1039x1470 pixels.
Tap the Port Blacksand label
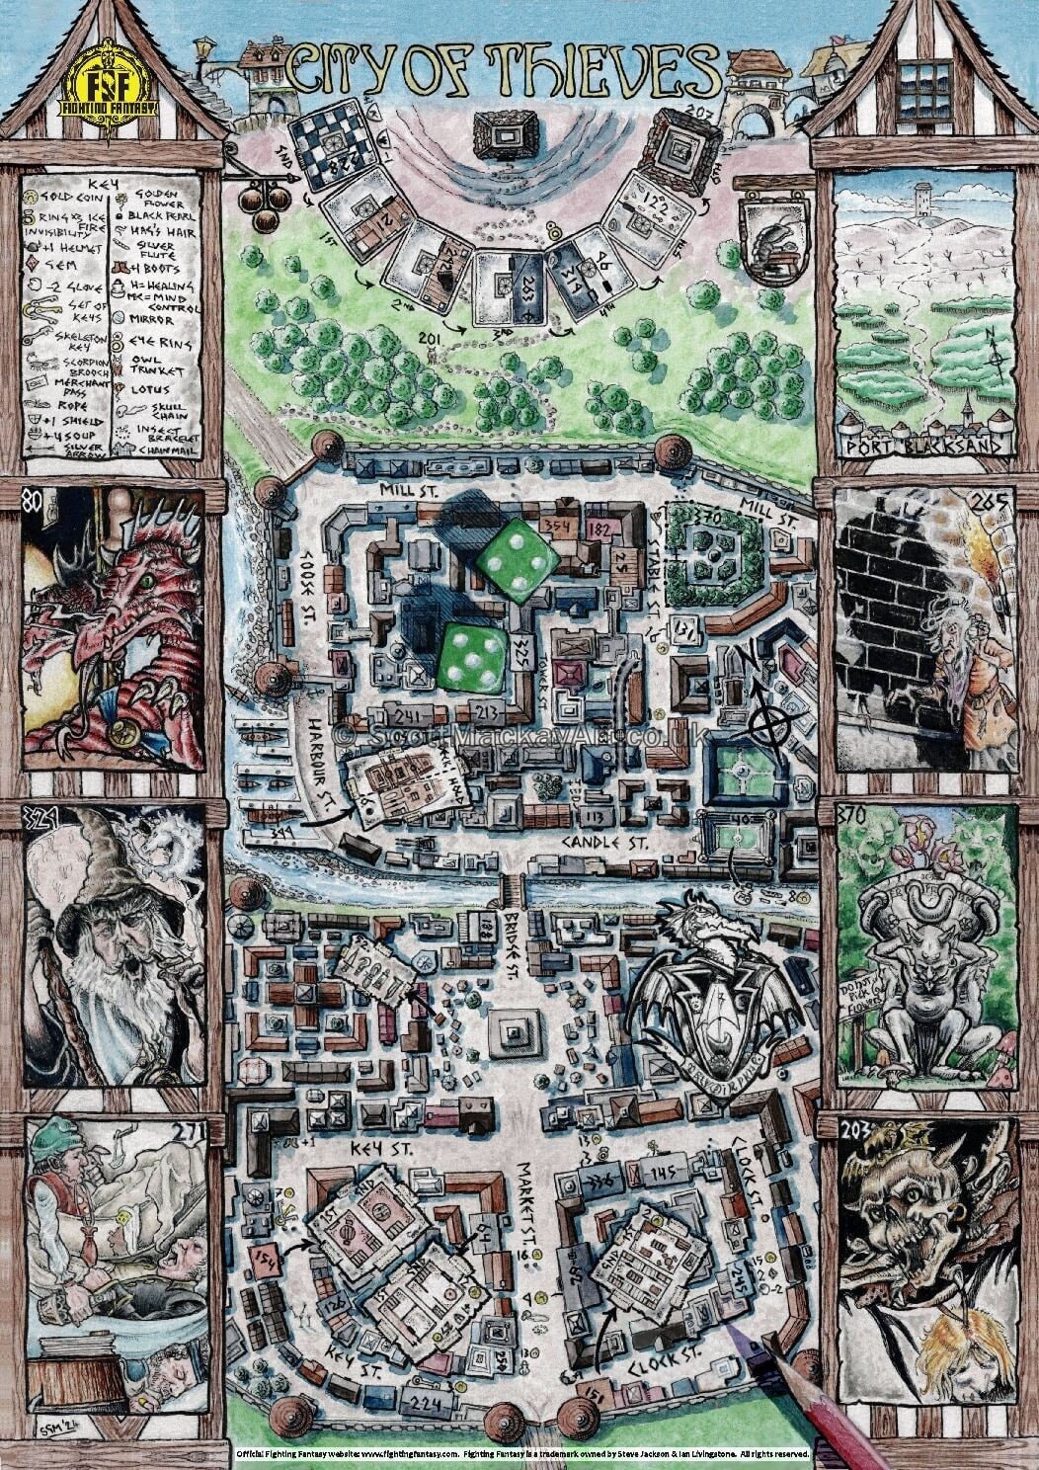coord(926,445)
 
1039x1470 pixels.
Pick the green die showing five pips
coord(470,657)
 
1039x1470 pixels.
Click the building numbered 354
coord(560,526)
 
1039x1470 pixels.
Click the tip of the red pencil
coord(733,1325)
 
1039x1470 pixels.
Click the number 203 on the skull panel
coord(855,1129)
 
